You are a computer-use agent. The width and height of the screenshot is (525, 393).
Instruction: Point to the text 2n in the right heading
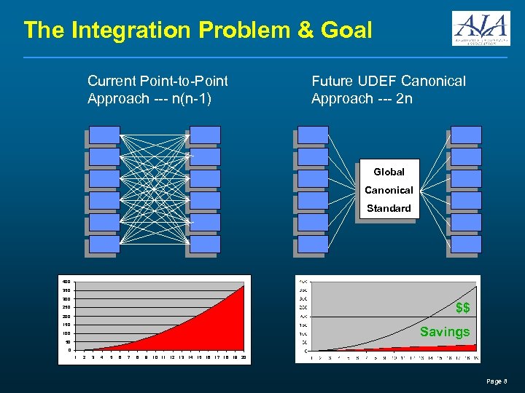404,98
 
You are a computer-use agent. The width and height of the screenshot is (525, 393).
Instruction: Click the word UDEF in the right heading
378,81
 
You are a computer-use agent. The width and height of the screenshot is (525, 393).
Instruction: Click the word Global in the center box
389,172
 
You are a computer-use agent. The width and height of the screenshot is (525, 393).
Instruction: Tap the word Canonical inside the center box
389,190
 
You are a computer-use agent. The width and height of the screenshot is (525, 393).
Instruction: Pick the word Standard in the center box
389,208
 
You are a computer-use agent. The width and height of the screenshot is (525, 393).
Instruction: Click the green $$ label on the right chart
462,308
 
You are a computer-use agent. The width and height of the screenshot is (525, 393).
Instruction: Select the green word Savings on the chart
445,332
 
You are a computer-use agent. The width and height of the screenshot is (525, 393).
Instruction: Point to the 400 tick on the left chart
66,282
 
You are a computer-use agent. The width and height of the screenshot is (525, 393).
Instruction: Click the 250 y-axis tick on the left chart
66,307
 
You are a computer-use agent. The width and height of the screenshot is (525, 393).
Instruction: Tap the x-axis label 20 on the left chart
244,357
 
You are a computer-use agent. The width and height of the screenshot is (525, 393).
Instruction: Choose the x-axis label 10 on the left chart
155,357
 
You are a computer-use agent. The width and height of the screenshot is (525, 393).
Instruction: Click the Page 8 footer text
496,381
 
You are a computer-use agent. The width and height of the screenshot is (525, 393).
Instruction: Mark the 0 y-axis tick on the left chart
69,349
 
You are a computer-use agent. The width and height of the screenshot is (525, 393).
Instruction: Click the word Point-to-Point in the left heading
186,81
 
